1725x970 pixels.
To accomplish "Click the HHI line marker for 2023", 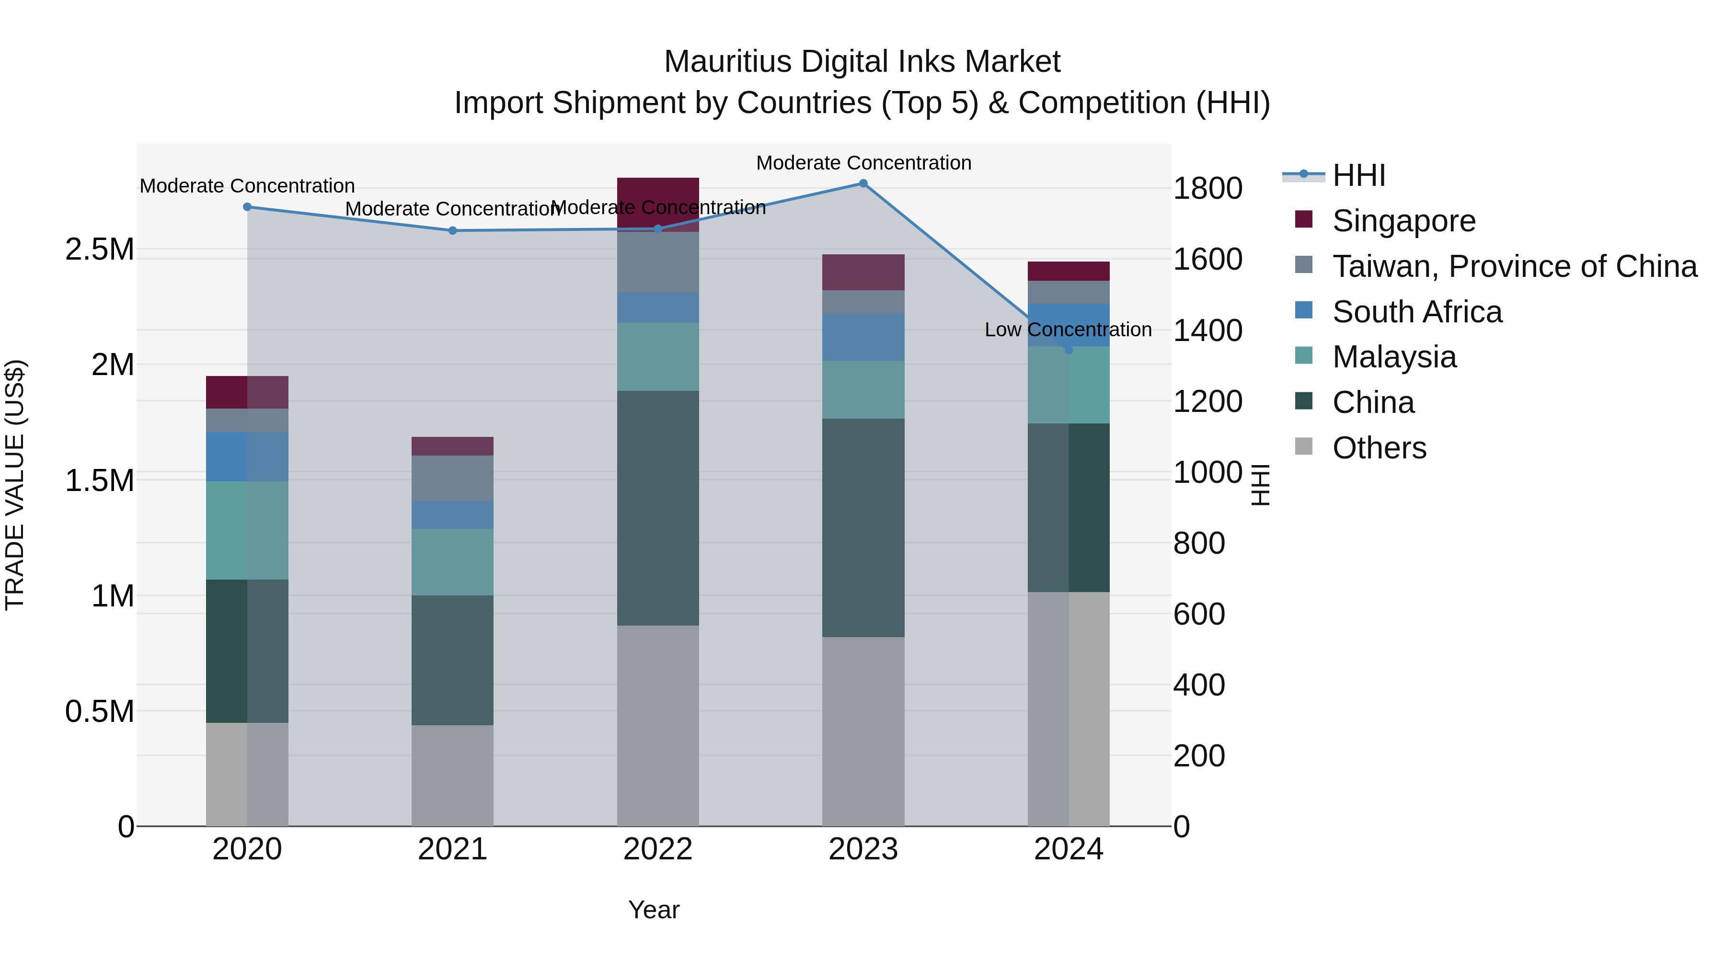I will (x=863, y=183).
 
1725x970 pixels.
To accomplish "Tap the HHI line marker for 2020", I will (x=247, y=207).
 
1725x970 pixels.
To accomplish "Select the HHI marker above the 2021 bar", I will (x=452, y=231).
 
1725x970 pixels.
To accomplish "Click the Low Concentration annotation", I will (x=1068, y=330).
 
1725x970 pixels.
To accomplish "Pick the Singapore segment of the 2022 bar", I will (x=657, y=194).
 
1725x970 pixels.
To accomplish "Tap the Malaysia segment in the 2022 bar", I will (x=657, y=357).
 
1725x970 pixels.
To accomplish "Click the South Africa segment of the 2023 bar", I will (x=863, y=337).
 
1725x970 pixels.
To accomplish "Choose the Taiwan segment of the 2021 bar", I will (x=452, y=478).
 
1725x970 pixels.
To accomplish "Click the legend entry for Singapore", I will (x=1403, y=221).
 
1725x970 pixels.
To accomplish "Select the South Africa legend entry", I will (x=1416, y=312).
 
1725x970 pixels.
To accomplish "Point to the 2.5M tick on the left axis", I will (x=100, y=250).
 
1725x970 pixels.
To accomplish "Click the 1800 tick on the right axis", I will (x=1207, y=189).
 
